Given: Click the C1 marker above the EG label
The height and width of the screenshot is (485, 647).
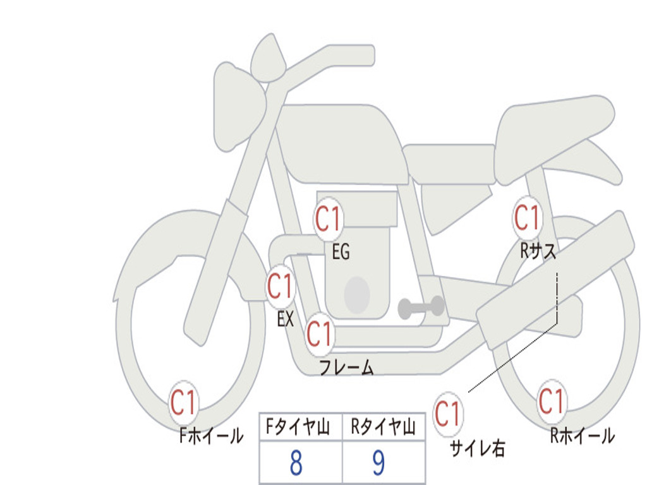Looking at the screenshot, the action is tap(329, 219).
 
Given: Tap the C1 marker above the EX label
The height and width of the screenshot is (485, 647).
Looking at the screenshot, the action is tap(281, 287).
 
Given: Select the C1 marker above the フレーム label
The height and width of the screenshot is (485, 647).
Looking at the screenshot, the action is tap(320, 334).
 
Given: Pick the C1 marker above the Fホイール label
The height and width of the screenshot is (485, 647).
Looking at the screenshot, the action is tap(184, 402).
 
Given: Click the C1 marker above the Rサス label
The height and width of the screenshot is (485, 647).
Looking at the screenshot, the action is tap(528, 218).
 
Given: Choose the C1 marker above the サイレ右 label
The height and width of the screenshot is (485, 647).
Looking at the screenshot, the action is tap(448, 414).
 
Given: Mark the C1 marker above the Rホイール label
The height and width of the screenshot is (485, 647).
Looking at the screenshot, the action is tap(551, 401).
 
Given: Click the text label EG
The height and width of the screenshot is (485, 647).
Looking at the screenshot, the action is tap(341, 251).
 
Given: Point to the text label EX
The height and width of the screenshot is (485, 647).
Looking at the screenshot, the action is tap(286, 319).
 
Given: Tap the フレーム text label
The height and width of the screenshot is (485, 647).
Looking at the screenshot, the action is tap(347, 368).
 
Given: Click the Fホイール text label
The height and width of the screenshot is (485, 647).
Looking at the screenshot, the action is tap(211, 436).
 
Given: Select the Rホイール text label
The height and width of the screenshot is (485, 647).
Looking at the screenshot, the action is tap(582, 436).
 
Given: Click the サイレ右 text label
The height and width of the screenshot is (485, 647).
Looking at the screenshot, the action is tap(478, 448).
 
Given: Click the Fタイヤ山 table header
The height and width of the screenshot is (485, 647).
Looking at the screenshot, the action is tap(298, 427).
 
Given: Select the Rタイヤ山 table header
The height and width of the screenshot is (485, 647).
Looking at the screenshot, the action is tap(383, 427).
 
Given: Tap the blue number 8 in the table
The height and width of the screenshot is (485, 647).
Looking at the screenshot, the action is tap(296, 463).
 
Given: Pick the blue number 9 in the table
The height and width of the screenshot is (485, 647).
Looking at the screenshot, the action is tap(379, 463).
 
